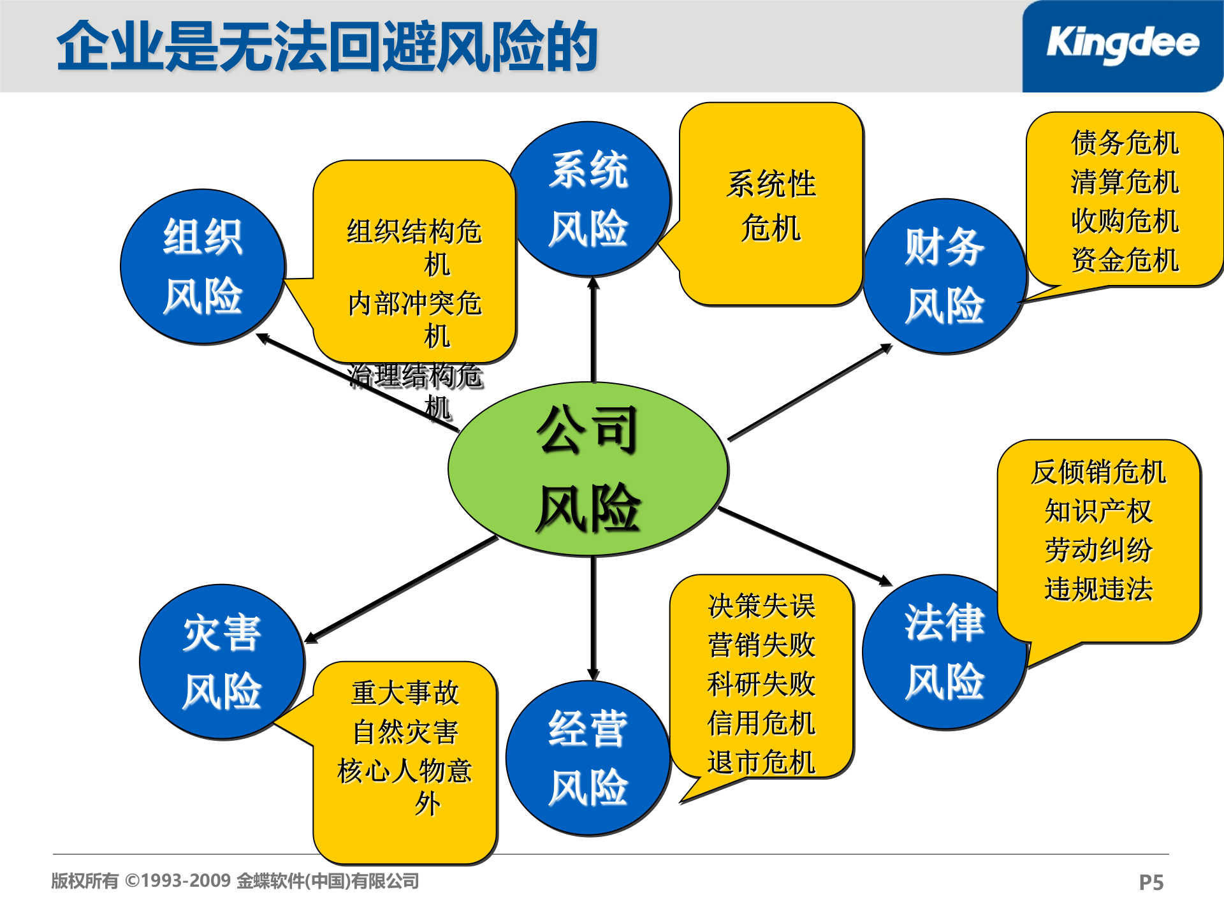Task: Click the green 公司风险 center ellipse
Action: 588,469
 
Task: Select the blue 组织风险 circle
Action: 203,266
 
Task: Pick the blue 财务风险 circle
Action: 945,276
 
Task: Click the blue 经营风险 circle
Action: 588,758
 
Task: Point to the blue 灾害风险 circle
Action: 221,662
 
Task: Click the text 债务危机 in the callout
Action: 1125,143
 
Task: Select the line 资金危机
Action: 1125,260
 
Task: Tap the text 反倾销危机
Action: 1098,472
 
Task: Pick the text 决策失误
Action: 761,606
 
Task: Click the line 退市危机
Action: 761,762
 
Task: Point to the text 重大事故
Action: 405,693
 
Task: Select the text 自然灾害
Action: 405,732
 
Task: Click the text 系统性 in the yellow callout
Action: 771,184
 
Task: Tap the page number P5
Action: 1151,882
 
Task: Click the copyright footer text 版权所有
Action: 85,881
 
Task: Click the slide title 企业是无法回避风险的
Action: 327,46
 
